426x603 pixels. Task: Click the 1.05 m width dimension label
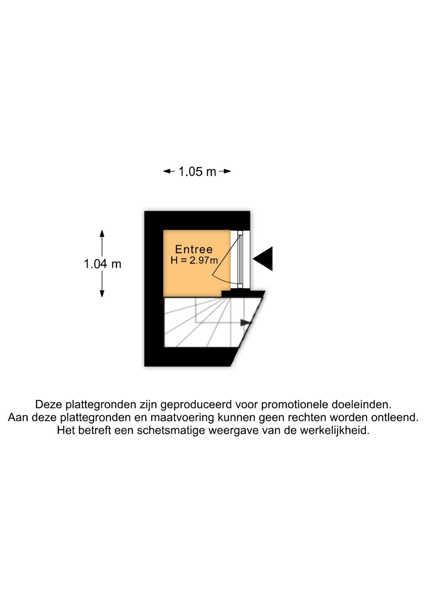tap(197, 171)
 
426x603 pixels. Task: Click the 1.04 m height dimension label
tap(103, 264)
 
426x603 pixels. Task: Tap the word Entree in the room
tap(194, 249)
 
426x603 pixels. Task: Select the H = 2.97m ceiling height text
tap(194, 260)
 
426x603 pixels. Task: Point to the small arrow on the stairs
tap(246, 323)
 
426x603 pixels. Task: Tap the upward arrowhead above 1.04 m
tap(102, 233)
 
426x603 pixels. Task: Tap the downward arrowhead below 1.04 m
tap(102, 294)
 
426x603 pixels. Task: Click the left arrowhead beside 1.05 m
tap(167, 171)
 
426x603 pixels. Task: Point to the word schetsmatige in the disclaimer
tap(171, 430)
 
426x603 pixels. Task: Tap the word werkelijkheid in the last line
tap(335, 430)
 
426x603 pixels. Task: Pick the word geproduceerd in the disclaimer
tap(196, 405)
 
